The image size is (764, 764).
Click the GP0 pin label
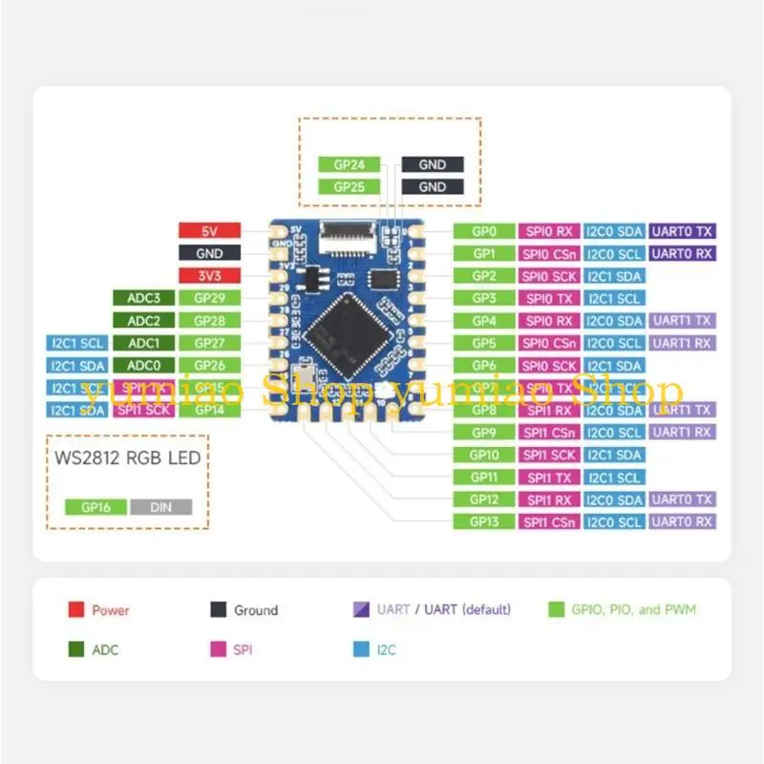485,231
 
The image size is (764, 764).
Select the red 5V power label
209,231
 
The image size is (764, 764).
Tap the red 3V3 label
209,276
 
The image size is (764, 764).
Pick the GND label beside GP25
433,187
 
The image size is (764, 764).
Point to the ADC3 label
144,298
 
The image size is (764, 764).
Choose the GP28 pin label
209,321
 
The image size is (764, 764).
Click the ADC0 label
144,365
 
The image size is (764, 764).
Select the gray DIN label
161,507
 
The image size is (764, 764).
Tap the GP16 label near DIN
95,507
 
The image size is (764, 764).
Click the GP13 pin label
485,521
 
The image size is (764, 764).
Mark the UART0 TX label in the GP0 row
682,231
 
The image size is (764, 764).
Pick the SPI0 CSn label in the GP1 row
549,254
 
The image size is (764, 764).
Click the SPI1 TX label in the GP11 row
549,477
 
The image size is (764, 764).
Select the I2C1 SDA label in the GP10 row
614,455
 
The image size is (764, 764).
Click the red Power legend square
75,609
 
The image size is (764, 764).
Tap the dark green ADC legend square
75,649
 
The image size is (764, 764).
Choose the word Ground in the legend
256,610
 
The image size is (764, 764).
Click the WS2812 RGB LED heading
127,457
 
